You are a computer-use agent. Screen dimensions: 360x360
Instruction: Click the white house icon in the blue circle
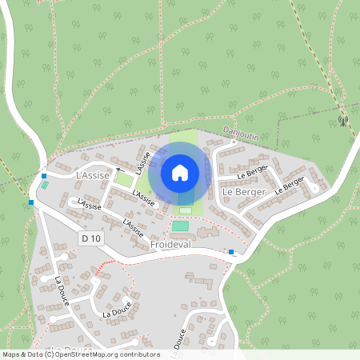coord(180,172)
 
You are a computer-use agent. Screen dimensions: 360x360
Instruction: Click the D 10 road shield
coord(91,238)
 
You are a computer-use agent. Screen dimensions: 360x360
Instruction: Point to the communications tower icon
coord(343,122)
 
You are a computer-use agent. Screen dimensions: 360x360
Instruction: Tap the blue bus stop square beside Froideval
coord(231,252)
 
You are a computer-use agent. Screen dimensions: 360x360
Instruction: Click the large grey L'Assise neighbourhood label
coord(91,174)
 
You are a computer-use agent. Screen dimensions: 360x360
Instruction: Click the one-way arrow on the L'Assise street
coord(118,170)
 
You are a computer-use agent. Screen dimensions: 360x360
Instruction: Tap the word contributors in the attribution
coord(138,354)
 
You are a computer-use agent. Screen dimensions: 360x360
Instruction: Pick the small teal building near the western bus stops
coord(46,186)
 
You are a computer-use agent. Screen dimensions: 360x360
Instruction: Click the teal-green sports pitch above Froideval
coord(181,226)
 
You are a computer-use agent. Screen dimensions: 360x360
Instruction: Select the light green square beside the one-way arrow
coord(123,180)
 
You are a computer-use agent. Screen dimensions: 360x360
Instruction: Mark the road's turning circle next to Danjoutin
coord(234,142)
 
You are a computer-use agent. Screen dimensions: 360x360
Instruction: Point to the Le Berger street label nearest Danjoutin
coord(251,170)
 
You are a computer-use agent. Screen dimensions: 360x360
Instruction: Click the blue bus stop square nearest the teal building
coord(44,176)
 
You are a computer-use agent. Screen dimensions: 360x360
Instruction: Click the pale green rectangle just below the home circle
coord(186,210)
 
